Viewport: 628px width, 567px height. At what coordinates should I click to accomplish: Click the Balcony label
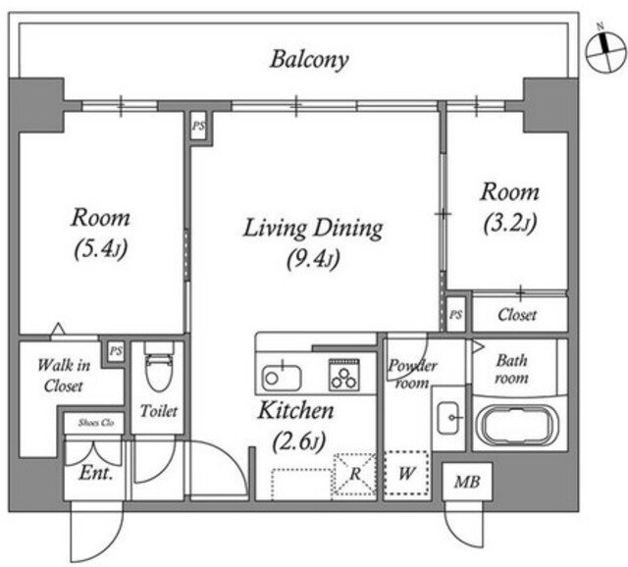[309, 60]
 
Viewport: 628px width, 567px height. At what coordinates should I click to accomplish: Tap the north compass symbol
[605, 51]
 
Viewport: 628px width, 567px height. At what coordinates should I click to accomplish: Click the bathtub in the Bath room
[519, 426]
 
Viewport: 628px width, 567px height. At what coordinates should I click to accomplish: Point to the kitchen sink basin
[282, 378]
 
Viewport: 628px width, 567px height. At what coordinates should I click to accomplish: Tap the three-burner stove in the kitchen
[344, 375]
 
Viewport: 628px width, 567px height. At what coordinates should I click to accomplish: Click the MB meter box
[467, 482]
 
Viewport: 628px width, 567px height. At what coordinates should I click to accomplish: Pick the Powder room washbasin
[448, 417]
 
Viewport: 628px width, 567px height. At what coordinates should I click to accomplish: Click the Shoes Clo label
[96, 423]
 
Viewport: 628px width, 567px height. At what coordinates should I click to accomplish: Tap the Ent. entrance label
[96, 473]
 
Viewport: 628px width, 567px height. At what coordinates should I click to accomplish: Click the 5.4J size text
[101, 250]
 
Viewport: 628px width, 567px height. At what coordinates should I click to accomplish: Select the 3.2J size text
[509, 224]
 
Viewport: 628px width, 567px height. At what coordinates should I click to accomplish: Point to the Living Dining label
[313, 229]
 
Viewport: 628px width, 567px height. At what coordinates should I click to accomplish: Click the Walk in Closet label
[63, 376]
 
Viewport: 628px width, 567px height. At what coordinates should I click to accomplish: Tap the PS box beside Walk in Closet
[116, 351]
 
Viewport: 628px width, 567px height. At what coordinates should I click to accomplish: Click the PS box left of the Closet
[455, 314]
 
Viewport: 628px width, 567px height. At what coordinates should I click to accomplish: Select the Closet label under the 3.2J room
[517, 315]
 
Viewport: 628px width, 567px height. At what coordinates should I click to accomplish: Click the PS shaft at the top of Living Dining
[198, 126]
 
